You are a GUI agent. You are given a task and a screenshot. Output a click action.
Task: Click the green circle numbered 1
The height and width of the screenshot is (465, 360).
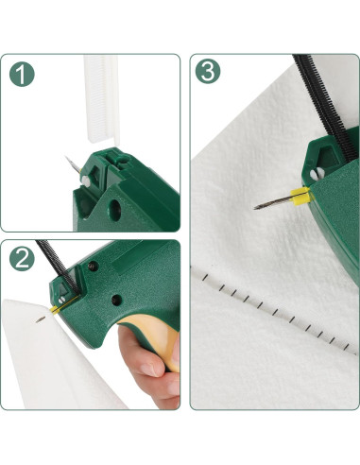[x=22, y=75]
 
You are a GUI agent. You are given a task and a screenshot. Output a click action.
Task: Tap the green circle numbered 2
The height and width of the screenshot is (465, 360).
[x=22, y=259]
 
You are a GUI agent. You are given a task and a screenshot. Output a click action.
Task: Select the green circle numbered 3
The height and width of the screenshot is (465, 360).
[x=208, y=71]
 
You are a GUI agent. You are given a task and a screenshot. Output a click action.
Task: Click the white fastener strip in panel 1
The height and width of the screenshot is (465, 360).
[x=102, y=99]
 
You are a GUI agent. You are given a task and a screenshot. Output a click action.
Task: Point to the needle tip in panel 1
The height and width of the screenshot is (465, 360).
[x=67, y=158]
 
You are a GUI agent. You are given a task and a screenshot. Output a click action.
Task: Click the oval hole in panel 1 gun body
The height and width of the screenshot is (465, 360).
[x=114, y=210]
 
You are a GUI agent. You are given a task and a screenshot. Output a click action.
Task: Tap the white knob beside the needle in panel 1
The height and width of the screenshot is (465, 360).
[x=85, y=181]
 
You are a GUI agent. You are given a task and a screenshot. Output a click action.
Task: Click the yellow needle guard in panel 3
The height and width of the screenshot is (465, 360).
[x=300, y=196]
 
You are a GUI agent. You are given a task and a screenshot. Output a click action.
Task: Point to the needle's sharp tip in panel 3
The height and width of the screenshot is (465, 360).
[x=255, y=208]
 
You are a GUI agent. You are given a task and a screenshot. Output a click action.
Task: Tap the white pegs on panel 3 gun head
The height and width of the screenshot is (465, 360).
[x=317, y=174]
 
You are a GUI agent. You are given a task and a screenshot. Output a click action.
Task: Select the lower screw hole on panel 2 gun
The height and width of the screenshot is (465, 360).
[x=117, y=300]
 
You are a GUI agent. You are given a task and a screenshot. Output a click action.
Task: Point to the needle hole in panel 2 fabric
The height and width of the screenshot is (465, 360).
[x=40, y=320]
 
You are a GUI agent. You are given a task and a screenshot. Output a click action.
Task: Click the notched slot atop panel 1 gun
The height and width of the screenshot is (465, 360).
[x=116, y=160]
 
